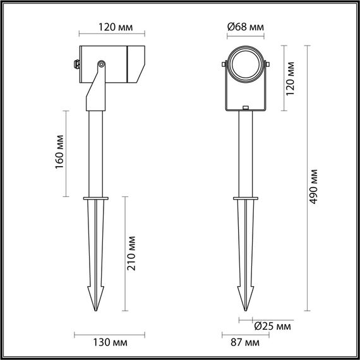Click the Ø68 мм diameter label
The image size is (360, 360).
pyautogui.click(x=244, y=27)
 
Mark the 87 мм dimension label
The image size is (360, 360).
pyautogui.click(x=243, y=343)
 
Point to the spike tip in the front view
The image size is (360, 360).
pyautogui.click(x=244, y=309)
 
